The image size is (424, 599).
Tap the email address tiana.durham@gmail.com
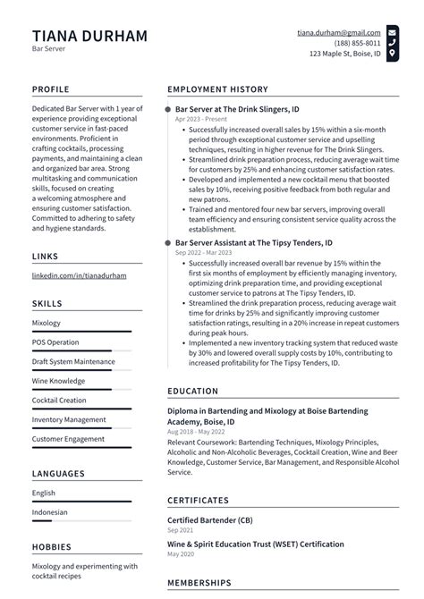coord(339,31)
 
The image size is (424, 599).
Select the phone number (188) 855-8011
coord(358,43)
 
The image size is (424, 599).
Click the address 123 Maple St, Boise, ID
coord(344,55)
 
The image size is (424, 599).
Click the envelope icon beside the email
coord(393,31)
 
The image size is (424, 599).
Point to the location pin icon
coord(393,55)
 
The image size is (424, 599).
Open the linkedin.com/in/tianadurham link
coord(79,276)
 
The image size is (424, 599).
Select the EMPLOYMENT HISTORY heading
coord(217,89)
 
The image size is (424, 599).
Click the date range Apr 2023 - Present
coord(200,119)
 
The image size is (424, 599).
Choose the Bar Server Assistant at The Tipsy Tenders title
coord(253,242)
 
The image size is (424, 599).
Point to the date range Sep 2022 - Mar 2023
coord(205,253)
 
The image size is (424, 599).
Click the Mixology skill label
coord(47,323)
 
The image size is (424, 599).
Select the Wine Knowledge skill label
coord(59,381)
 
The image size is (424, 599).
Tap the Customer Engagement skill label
coord(68,439)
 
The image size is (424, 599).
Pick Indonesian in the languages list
coord(51,512)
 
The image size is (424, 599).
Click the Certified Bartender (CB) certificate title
coord(209,519)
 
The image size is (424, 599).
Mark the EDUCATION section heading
coord(192,391)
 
